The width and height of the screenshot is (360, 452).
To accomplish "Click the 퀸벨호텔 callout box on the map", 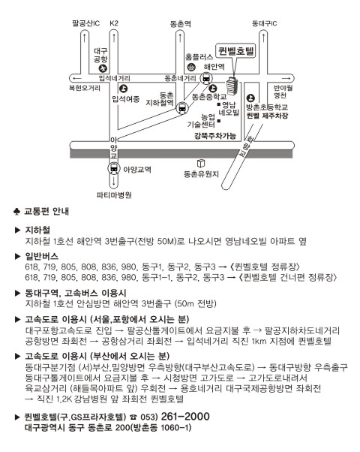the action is (235, 52).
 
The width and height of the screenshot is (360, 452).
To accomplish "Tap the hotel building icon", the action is (232, 86).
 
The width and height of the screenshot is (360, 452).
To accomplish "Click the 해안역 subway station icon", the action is (206, 78).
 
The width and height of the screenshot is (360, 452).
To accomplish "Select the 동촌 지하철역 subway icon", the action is (182, 108).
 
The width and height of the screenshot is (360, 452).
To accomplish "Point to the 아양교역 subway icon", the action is (114, 168).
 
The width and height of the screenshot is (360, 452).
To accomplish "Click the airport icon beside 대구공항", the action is (103, 68).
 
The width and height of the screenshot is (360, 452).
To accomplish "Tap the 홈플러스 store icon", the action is (191, 67).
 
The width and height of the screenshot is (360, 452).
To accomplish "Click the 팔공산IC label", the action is (85, 23).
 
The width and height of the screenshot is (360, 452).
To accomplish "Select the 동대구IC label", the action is (264, 23).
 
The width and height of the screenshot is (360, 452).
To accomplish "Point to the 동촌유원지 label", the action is (201, 174).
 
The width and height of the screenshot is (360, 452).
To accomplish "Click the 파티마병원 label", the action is (114, 195).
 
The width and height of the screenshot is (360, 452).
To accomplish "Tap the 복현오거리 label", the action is (85, 88).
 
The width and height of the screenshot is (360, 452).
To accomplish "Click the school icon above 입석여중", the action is (123, 89).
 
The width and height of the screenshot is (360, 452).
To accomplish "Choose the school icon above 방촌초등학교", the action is (250, 98).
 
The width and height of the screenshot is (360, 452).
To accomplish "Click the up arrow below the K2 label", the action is (114, 38).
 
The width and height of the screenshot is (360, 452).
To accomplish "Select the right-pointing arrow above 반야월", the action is (286, 78).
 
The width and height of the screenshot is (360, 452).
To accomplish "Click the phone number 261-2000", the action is (185, 417).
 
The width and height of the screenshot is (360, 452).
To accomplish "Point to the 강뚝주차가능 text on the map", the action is (215, 135).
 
